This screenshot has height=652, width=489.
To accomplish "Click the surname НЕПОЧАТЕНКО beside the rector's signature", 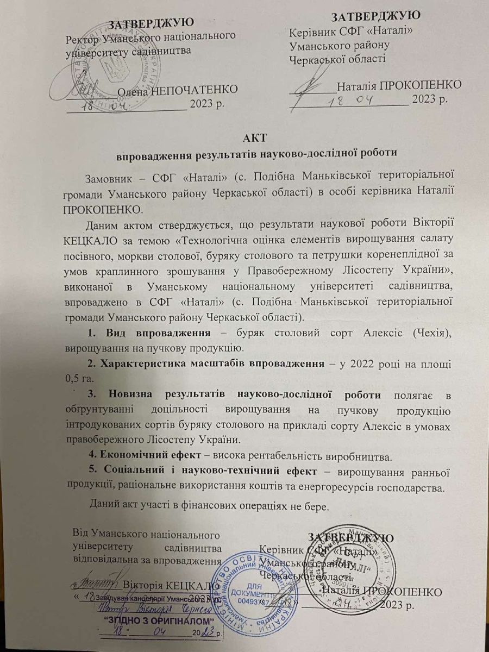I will [195, 88].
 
